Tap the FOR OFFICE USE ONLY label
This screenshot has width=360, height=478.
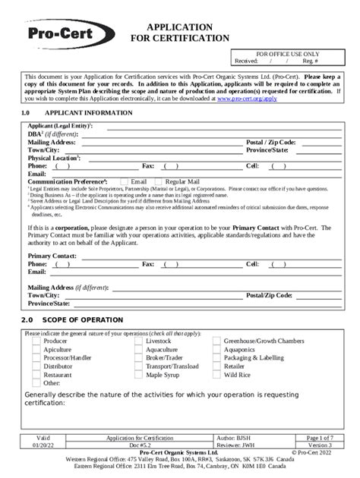287,55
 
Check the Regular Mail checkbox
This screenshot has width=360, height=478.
158,182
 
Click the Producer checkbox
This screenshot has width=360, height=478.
36,341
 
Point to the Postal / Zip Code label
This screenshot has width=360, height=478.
271,142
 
